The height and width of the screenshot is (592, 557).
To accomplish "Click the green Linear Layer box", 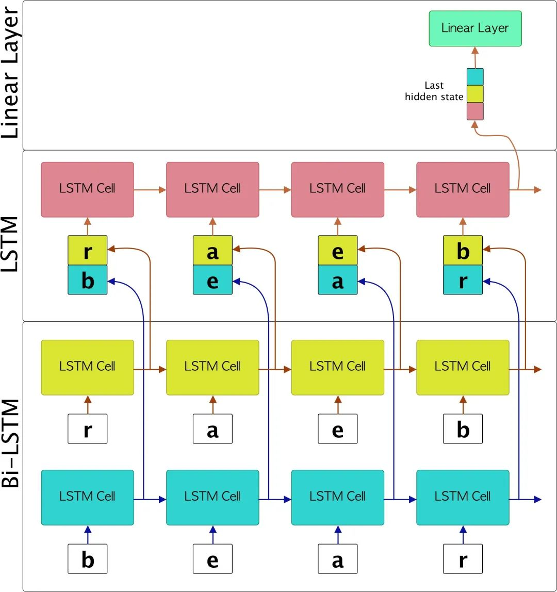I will click(475, 28).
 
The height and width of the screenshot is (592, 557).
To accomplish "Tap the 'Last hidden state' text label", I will click(434, 91).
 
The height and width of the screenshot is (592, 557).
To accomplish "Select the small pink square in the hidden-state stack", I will click(475, 111).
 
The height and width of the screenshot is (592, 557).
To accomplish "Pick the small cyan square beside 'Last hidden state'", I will click(475, 77).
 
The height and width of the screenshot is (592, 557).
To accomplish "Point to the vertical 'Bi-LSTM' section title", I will click(11, 443).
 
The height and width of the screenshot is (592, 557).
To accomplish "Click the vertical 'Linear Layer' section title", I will click(11, 72).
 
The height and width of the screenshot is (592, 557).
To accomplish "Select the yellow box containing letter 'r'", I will click(88, 251).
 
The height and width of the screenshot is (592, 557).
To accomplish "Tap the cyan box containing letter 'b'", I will click(88, 281).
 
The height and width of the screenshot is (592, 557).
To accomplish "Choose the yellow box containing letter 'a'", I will click(212, 251).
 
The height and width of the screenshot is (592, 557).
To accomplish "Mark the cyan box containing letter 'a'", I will click(338, 281).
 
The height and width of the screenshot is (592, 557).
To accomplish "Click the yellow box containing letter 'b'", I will click(463, 251).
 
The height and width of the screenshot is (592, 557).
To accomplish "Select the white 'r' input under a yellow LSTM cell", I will click(88, 429).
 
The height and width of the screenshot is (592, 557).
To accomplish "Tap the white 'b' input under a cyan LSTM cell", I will click(88, 558).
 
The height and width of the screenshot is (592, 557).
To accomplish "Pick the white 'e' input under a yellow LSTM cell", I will click(338, 429).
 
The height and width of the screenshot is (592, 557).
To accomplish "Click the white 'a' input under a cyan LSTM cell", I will click(338, 558).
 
